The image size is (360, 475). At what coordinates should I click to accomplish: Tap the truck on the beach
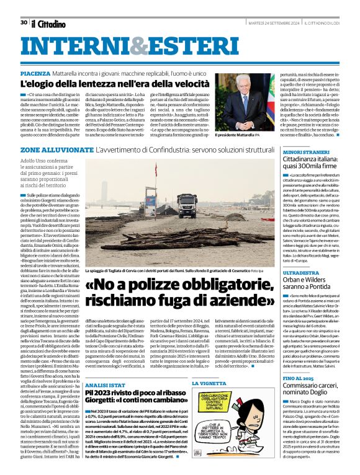(x=187, y=203)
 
